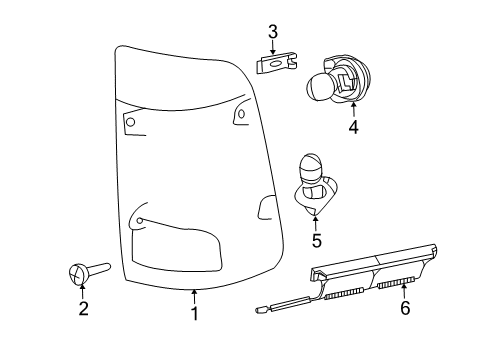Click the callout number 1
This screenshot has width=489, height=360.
coord(195,314)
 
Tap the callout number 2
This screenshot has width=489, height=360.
coord(84,309)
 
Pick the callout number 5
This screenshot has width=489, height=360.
coord(316,240)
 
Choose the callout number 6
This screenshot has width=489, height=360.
coord(405,309)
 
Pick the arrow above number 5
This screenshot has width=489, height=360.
coord(316,221)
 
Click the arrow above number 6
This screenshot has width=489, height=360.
coord(405,290)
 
